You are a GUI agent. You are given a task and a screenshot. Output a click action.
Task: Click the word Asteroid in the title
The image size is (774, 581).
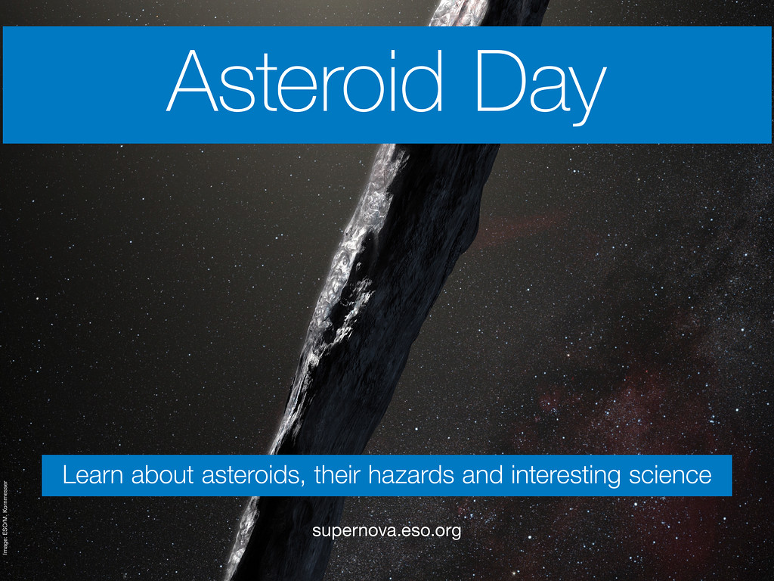tap(304, 80)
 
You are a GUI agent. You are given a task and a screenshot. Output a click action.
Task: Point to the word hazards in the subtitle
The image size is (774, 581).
tap(410, 475)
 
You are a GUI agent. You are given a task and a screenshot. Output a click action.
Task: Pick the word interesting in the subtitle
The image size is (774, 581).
tap(565, 476)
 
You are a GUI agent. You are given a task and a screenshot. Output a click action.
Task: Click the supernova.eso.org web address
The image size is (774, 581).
tap(386, 531)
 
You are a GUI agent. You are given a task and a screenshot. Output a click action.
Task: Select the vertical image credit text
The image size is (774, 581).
tap(5, 517)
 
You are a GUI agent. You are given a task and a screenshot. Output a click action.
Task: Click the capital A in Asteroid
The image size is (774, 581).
tap(193, 80)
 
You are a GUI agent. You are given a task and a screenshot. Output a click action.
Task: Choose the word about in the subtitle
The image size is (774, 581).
tap(162, 475)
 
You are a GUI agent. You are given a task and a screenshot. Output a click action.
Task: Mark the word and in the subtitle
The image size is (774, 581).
tap(482, 475)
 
